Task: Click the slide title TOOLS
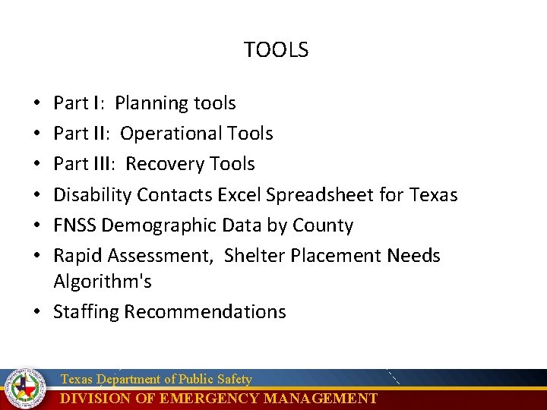point(276,50)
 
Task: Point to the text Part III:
point(85,164)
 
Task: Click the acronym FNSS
point(74,225)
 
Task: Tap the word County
point(323,225)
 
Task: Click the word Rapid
point(76,256)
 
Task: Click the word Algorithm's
point(102,282)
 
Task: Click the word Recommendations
point(205,312)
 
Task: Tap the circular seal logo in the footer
point(25,389)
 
